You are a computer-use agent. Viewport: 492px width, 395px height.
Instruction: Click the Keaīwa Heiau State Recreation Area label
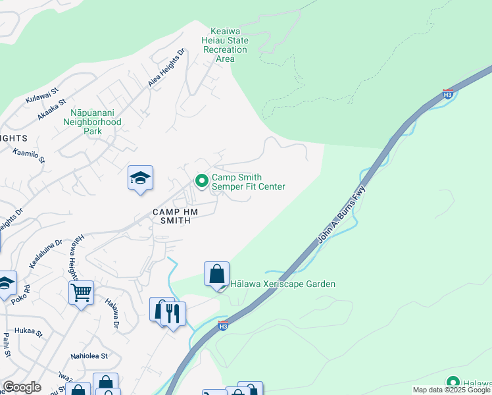coord(226,45)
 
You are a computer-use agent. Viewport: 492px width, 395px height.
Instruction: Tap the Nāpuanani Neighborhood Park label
coord(96,122)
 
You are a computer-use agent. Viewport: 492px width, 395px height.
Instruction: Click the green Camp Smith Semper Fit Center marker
coord(202,180)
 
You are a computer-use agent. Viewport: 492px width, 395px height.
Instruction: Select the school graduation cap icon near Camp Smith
coord(140,178)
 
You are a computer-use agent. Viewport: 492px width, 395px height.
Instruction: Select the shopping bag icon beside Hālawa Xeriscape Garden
coord(216,273)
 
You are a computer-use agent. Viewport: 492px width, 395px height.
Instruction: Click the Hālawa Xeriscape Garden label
coord(283,284)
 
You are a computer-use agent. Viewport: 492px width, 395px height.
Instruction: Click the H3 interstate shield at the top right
coord(448,94)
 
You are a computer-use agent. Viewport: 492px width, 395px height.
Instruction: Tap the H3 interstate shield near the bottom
coord(223,326)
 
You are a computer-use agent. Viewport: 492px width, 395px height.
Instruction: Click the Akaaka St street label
coord(53,109)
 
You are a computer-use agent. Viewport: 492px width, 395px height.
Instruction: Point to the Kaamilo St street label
coord(29,155)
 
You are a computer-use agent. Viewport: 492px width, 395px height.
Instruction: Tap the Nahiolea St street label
coord(89,356)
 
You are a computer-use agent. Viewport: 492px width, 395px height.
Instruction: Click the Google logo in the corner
coord(21,387)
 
